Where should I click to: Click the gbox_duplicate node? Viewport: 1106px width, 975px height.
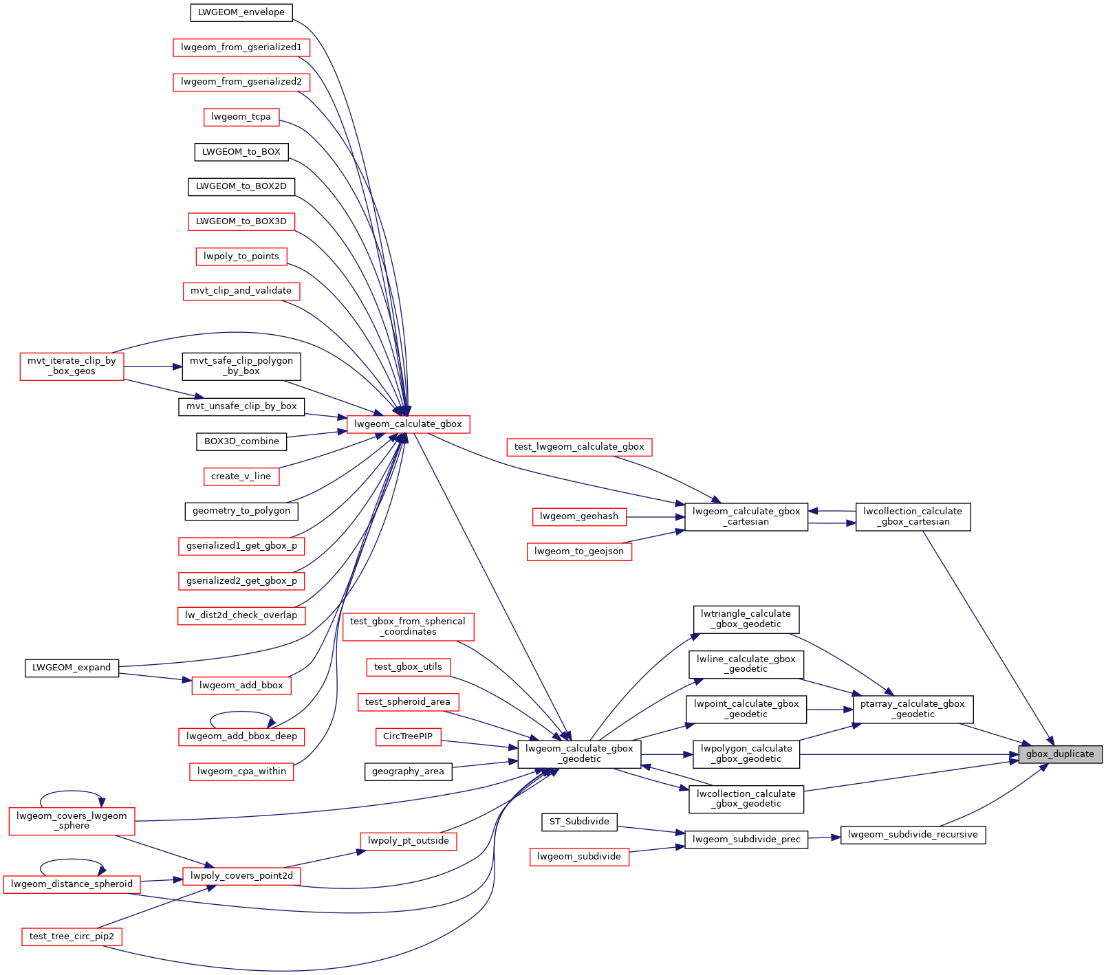pyautogui.click(x=1060, y=754)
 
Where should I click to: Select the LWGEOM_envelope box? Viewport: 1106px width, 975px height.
pyautogui.click(x=241, y=12)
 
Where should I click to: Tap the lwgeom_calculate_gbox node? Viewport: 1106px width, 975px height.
pyautogui.click(x=408, y=424)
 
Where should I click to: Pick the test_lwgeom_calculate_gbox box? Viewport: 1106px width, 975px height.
pyautogui.click(x=579, y=447)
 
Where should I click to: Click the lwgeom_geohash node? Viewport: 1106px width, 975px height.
pyautogui.click(x=579, y=516)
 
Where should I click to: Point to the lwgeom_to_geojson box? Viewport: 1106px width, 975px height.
pyautogui.click(x=579, y=551)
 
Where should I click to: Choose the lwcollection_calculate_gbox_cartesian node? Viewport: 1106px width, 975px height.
pyautogui.click(x=913, y=516)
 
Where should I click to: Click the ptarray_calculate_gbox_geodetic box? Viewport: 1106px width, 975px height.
pyautogui.click(x=913, y=709)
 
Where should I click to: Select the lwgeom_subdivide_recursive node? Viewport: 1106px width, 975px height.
pyautogui.click(x=913, y=835)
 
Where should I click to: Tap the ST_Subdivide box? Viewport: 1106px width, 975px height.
pyautogui.click(x=579, y=822)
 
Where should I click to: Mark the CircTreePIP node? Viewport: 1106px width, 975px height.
pyautogui.click(x=408, y=736)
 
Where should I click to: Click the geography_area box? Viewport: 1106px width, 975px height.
pyautogui.click(x=408, y=771)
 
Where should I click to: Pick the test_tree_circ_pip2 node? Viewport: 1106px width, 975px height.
pyautogui.click(x=72, y=936)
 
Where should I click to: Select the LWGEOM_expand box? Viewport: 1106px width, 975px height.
pyautogui.click(x=72, y=668)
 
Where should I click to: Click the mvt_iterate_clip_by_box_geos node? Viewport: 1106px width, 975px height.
pyautogui.click(x=72, y=366)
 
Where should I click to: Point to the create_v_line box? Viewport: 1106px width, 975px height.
pyautogui.click(x=241, y=476)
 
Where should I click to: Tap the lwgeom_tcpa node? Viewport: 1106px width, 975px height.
pyautogui.click(x=241, y=117)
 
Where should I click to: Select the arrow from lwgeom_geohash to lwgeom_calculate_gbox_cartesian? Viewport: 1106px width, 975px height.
pyautogui.click(x=655, y=516)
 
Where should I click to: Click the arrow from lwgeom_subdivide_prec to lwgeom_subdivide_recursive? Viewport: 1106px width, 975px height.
pyautogui.click(x=825, y=837)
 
